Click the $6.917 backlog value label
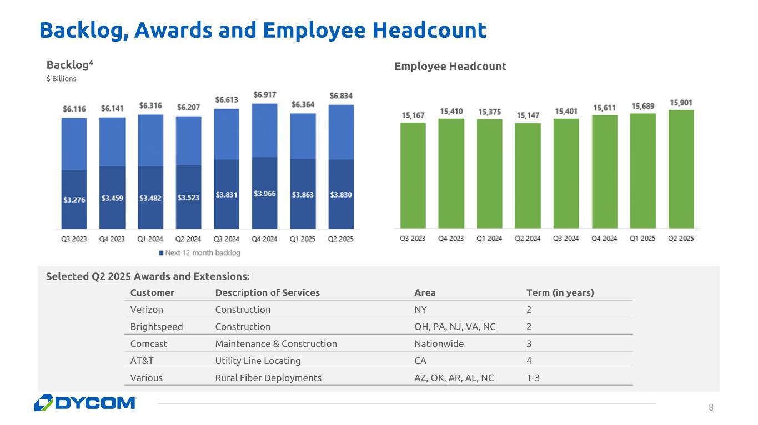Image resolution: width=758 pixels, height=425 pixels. pos(265,95)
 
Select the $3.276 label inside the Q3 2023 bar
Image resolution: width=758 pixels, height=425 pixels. pos(74,200)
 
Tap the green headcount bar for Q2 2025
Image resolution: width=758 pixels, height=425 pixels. pos(681,169)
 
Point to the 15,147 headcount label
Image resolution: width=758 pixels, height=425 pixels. pos(529,115)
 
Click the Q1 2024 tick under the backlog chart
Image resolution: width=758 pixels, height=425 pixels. pos(150,239)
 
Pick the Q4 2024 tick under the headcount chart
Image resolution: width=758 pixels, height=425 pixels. pos(604,239)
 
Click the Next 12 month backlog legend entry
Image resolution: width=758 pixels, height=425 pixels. pos(199,253)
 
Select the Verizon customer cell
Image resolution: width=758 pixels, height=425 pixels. pos(147,310)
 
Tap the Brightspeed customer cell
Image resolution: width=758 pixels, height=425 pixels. pos(156,327)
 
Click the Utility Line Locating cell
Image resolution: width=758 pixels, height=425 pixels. pos(258,361)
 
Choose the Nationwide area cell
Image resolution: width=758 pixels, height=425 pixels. pos(439,343)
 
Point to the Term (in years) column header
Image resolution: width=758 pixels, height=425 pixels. pos(560,292)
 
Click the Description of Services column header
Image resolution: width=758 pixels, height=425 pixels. pos(267,292)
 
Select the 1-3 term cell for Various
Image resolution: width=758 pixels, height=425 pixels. pos(533,378)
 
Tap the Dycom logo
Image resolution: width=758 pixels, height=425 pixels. pos(85,403)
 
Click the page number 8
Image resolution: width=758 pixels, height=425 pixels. pos(711,408)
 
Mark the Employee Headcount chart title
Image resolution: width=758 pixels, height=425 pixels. pos(450,67)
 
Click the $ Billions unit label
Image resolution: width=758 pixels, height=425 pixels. pos(61,79)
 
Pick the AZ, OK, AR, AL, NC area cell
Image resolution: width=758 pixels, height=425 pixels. pos(454,378)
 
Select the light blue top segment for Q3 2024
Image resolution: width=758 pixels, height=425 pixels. pos(227,134)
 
